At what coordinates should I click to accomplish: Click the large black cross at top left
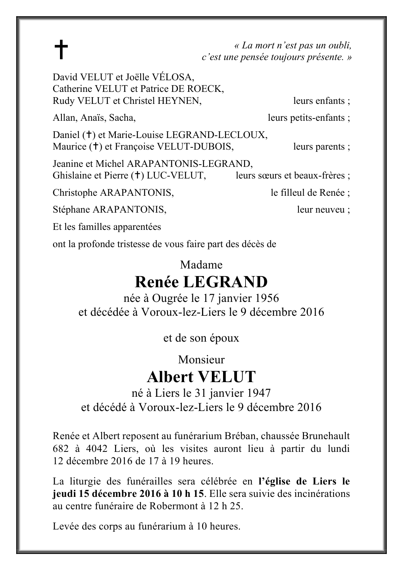(61, 50)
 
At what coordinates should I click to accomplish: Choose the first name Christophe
(75, 193)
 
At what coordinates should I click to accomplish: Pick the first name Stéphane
(71, 210)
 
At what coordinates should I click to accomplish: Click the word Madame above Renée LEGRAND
(201, 265)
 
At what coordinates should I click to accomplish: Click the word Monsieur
(201, 360)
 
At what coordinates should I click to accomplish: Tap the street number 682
(61, 448)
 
